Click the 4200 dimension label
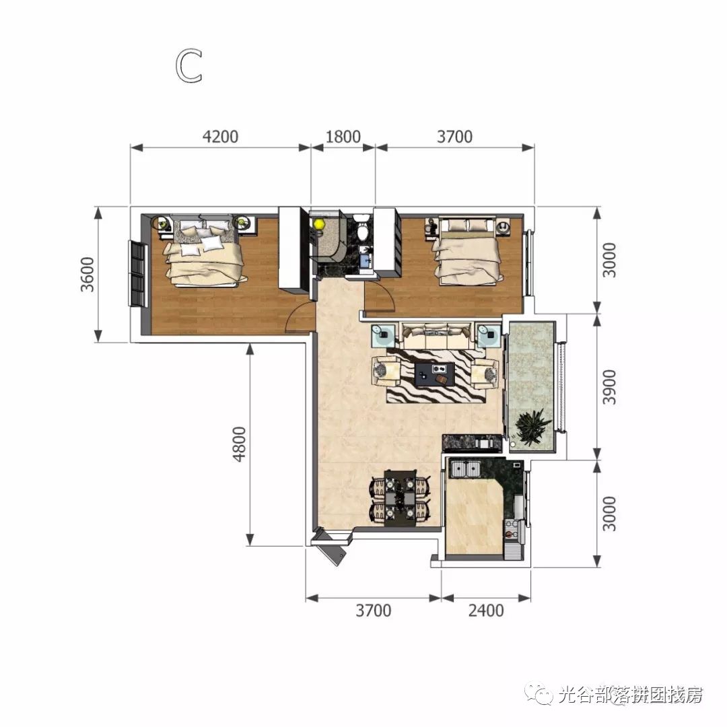tap(221, 137)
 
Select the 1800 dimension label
tap(343, 137)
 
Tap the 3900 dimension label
tap(609, 387)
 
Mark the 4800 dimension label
tap(241, 444)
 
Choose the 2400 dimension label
tap(485, 611)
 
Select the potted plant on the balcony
tap(531, 425)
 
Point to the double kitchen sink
tap(465, 468)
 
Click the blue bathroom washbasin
tap(366, 258)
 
